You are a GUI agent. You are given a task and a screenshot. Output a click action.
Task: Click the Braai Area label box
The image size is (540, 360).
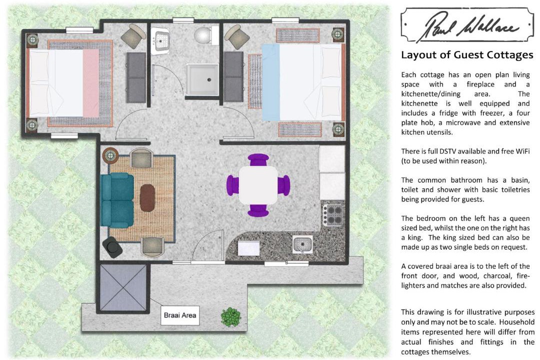[180, 315]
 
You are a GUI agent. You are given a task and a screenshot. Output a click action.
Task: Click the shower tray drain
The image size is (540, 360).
[209, 80]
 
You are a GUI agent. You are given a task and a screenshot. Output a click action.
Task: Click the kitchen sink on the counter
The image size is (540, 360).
[302, 244]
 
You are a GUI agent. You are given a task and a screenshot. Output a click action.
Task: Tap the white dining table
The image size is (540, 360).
[258, 185]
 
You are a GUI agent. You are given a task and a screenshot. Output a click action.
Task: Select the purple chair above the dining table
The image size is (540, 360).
[258, 159]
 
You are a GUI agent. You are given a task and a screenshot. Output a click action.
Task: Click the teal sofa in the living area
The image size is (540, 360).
[116, 200]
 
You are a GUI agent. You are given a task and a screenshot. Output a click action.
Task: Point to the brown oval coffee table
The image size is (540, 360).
[147, 197]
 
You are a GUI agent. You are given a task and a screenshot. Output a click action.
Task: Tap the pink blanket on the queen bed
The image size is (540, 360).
[91, 82]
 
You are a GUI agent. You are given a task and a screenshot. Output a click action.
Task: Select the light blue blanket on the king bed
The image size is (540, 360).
[270, 82]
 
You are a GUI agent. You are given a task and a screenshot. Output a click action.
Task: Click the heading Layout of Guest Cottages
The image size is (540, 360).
[467, 55]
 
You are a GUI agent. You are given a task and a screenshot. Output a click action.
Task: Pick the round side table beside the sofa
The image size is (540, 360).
[110, 155]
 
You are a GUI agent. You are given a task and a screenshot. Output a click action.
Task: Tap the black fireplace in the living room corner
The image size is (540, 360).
[112, 247]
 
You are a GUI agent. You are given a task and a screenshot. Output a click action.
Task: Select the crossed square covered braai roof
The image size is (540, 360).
[123, 287]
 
